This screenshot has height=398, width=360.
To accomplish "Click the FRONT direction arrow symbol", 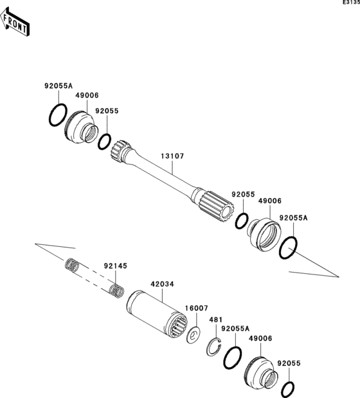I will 16,23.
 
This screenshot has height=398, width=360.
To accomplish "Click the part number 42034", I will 162,284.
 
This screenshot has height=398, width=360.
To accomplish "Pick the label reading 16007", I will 196,308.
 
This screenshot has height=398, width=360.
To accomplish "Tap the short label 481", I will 215,320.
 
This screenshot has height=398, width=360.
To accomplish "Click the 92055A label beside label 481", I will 235,329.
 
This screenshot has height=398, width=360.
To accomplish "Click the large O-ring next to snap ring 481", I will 233,359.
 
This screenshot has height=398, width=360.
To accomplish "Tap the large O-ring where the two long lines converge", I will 288,249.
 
